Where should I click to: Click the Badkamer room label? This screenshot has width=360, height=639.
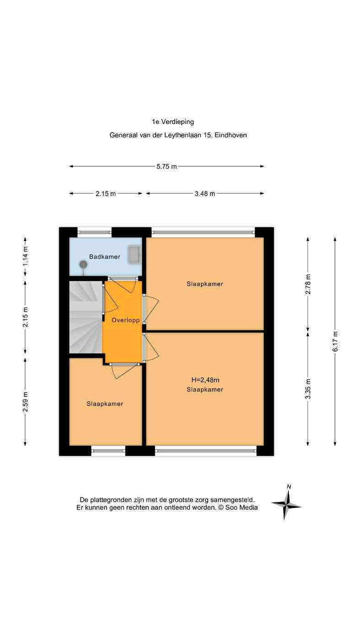(x=104, y=257)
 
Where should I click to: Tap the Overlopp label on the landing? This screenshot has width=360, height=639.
(x=126, y=320)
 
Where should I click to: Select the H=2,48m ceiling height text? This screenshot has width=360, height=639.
(x=205, y=380)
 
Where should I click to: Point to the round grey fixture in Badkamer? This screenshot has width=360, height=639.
(x=83, y=265)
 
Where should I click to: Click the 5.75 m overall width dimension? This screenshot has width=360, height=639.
(x=167, y=166)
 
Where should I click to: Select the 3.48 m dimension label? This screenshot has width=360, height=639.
(x=204, y=194)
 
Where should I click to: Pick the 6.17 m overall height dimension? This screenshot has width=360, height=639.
(x=335, y=341)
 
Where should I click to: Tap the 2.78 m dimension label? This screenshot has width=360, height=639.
(x=308, y=284)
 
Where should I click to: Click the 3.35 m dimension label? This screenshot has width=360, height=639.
(x=308, y=389)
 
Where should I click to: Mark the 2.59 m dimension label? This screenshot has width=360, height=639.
(x=25, y=402)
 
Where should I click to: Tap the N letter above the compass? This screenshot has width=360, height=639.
(x=289, y=487)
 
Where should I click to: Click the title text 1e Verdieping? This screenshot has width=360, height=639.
(x=173, y=122)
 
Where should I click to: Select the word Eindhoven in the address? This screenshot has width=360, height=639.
(x=231, y=135)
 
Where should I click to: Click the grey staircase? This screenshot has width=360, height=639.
(x=86, y=317)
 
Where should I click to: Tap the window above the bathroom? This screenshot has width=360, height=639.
(x=95, y=232)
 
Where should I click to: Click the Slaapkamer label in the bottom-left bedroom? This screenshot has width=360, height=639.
(x=105, y=404)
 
